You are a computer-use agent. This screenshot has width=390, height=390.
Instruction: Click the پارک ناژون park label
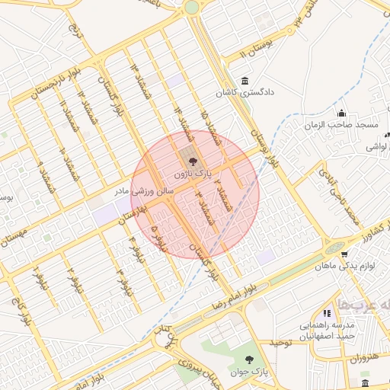[x=190, y=174]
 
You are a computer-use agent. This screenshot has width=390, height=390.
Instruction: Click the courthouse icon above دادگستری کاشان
[x=244, y=81]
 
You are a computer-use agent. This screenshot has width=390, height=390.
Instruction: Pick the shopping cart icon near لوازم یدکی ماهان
[x=344, y=255]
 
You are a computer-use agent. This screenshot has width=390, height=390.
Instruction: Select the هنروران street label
[x=366, y=357]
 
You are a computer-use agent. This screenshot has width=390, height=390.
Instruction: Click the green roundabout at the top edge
[x=191, y=7]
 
